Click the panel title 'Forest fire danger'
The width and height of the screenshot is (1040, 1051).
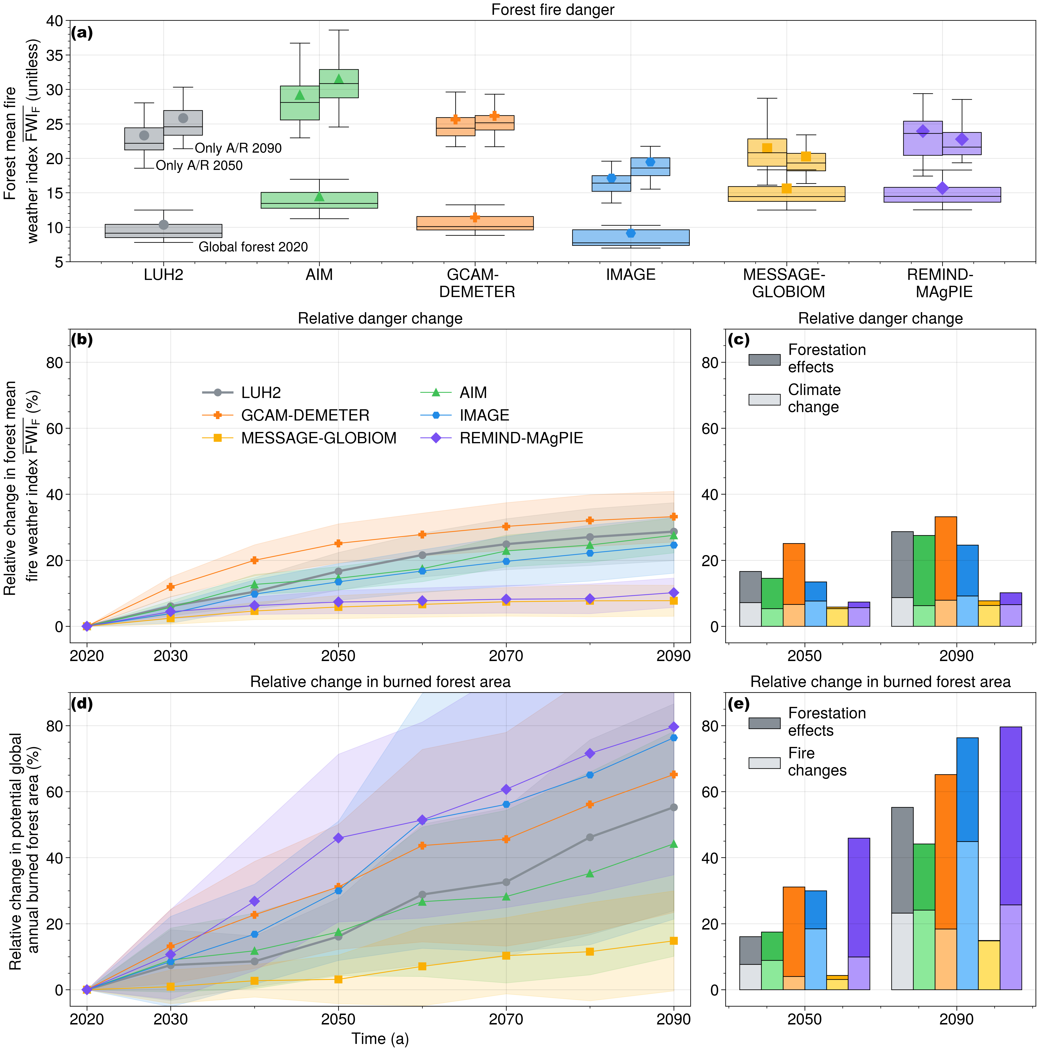pyautogui.click(x=552, y=10)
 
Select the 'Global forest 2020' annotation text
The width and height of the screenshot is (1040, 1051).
pyautogui.click(x=253, y=247)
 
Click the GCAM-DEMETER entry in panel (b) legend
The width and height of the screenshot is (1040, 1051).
pyautogui.click(x=305, y=416)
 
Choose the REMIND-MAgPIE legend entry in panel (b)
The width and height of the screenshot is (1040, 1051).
pyautogui.click(x=521, y=438)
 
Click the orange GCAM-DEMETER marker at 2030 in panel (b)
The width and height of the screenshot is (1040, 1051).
pyautogui.click(x=170, y=586)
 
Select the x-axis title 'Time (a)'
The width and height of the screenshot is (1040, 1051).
pyautogui.click(x=380, y=1039)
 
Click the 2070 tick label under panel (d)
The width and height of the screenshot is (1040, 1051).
pyautogui.click(x=506, y=1019)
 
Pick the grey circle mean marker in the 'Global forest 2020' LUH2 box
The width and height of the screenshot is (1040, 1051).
pyautogui.click(x=163, y=225)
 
